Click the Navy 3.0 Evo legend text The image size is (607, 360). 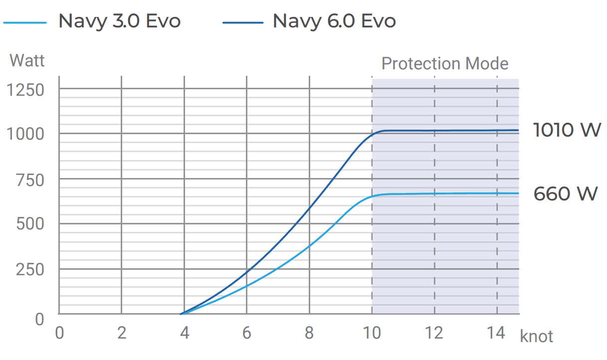pyautogui.click(x=119, y=21)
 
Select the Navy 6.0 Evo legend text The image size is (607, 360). pyautogui.click(x=334, y=21)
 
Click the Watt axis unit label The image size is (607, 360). pyautogui.click(x=27, y=61)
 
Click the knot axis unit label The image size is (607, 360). pyautogui.click(x=537, y=337)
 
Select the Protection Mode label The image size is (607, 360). pyautogui.click(x=444, y=64)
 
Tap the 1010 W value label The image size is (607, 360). pyautogui.click(x=567, y=130)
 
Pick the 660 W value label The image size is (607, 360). pyautogui.click(x=565, y=193)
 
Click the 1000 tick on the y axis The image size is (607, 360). pyautogui.click(x=25, y=135)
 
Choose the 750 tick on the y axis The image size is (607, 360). pyautogui.click(x=30, y=180)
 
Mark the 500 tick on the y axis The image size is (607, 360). pyautogui.click(x=30, y=224)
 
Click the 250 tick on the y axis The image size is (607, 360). pyautogui.click(x=30, y=269)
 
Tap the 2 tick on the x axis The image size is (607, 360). pyautogui.click(x=122, y=333)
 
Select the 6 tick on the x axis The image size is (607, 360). pyautogui.click(x=247, y=333)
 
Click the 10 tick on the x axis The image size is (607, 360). pyautogui.click(x=372, y=333)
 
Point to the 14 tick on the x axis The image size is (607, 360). pyautogui.click(x=496, y=333)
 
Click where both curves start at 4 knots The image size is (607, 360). pyautogui.click(x=182, y=314)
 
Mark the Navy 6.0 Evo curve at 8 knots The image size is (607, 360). pyautogui.click(x=309, y=208)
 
